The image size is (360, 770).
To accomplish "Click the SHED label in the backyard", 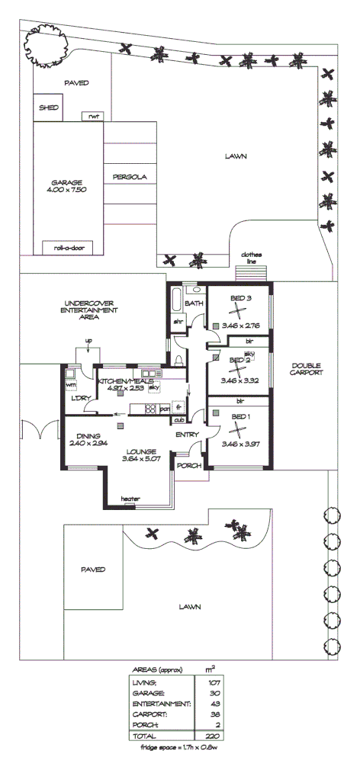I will coord(48,107).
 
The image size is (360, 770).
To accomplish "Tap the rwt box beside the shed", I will coord(94,117).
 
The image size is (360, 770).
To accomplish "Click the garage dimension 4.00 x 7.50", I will coord(68,189).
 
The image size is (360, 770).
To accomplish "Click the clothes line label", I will coord(251,258).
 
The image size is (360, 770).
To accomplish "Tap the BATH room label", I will coord(193,304).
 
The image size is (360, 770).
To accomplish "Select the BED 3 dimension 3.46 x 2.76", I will coord(239,326).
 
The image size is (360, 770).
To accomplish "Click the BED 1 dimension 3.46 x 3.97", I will coord(239,444).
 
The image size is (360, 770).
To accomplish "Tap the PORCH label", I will coord(187,464).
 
